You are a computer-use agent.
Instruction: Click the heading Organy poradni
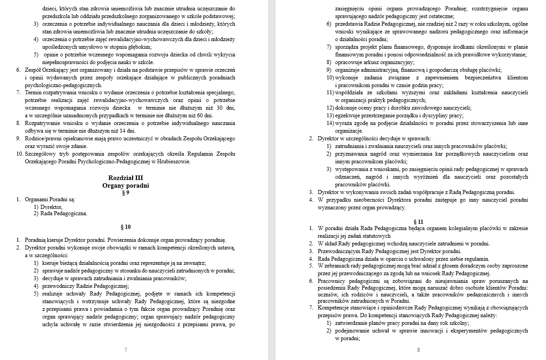tap(125, 185)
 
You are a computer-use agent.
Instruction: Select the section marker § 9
tap(126, 193)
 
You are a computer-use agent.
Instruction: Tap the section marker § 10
tap(126, 227)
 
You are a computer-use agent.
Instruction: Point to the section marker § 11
tap(418, 222)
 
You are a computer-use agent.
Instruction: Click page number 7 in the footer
tap(125, 350)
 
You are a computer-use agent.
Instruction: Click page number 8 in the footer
tap(418, 350)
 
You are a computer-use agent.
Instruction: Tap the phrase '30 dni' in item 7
tap(226, 108)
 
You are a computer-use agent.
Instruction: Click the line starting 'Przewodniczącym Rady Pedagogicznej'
tap(389, 251)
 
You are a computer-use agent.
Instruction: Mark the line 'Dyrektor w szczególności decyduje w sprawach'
tap(374, 138)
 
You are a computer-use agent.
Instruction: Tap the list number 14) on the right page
tap(330, 123)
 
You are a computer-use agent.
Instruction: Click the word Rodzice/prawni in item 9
tap(44, 138)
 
